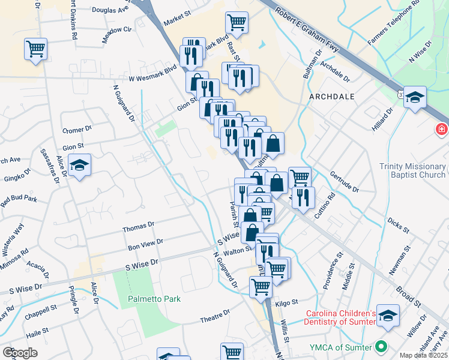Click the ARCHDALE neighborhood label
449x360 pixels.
[x=332, y=96]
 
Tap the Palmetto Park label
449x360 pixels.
[x=154, y=299]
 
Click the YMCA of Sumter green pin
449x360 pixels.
[x=380, y=347]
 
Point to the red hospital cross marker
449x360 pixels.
[x=442, y=129]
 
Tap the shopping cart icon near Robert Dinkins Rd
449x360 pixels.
[x=35, y=48]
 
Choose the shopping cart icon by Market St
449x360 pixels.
[x=237, y=22]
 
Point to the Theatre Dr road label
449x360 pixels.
[x=215, y=314]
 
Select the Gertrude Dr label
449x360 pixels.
[x=344, y=182]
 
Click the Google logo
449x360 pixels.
[x=20, y=353]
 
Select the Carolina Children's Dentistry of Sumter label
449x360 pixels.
[x=341, y=319]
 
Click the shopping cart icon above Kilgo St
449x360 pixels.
[x=261, y=287]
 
